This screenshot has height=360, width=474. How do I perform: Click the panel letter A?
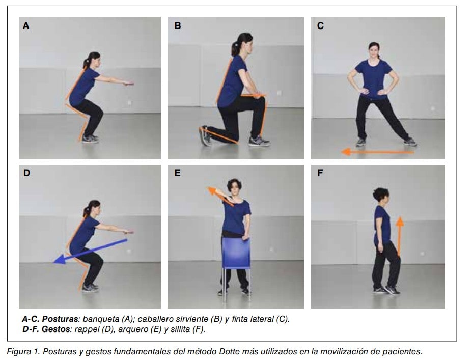[26, 26]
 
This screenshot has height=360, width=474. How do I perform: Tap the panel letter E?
[178, 173]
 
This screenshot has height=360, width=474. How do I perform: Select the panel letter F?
[320, 173]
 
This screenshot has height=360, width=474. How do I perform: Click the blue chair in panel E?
[236, 254]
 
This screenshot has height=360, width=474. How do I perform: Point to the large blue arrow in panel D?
[90, 251]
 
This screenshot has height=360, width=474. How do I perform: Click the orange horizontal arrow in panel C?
[378, 152]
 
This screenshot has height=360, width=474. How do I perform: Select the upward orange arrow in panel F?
[400, 236]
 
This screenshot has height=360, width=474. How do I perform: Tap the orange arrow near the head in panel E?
[220, 196]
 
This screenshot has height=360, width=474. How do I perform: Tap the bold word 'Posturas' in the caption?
[60, 319]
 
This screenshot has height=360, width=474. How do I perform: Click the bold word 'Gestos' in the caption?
[56, 329]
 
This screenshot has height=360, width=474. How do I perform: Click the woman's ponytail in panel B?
[235, 48]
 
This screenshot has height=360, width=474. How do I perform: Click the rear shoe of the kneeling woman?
[205, 136]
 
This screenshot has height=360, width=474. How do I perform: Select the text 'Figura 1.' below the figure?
[23, 351]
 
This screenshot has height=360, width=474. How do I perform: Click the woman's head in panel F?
[381, 196]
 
